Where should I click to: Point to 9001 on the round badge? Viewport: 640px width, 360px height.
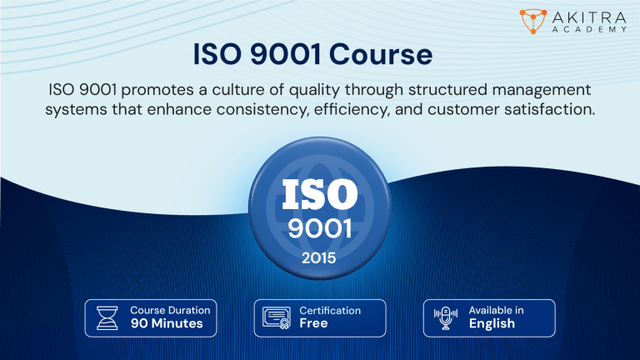tap(320, 228)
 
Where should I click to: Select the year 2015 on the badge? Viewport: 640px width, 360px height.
tap(320, 258)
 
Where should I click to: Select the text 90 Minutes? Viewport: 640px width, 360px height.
tap(167, 323)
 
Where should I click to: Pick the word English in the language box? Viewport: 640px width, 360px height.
tap(492, 323)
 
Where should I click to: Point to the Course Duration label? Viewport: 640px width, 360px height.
tap(170, 310)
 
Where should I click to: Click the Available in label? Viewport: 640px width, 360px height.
tap(496, 310)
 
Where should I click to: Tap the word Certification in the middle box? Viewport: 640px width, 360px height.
tap(330, 310)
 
